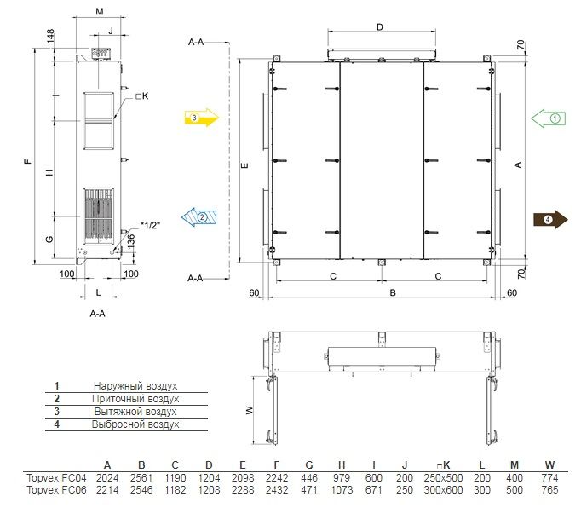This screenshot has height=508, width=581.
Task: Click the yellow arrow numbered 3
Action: [x=202, y=118]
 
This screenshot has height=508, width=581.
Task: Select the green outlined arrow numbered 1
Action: [x=549, y=118]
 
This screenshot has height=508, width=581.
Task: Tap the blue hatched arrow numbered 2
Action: [x=199, y=216]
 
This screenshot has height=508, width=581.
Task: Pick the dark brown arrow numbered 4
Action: [x=550, y=220]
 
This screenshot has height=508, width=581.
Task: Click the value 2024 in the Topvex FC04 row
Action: [x=107, y=478]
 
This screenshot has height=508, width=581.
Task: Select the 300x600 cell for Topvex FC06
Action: [x=443, y=490]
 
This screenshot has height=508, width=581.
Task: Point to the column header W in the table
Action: [x=549, y=465]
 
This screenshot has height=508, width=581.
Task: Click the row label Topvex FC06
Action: [x=56, y=490]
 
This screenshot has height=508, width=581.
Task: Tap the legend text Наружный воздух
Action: [x=135, y=386]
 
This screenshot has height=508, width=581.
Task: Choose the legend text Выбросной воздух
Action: [x=135, y=424]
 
